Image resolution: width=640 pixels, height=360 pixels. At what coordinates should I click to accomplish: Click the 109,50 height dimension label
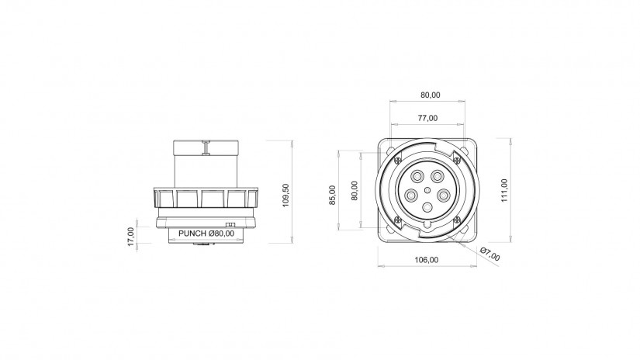coord(285,196)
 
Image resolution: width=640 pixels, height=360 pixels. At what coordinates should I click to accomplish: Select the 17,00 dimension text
coord(130,237)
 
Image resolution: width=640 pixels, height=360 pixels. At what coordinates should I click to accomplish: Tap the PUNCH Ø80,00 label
coord(206,234)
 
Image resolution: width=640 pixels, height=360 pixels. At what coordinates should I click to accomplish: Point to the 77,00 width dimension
coord(427,118)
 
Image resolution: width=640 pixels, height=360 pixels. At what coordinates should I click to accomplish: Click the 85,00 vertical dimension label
coord(332,195)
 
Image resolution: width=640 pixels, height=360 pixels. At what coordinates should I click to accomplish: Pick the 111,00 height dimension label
coord(504,190)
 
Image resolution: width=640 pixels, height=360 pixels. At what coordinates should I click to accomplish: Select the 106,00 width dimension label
coord(427,260)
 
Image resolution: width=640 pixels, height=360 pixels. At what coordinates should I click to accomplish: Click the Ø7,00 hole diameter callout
coord(490,254)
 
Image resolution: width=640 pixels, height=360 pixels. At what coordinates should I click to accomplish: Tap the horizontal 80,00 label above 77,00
coord(431,95)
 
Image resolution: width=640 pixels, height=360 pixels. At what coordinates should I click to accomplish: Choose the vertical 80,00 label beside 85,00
coord(355,191)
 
